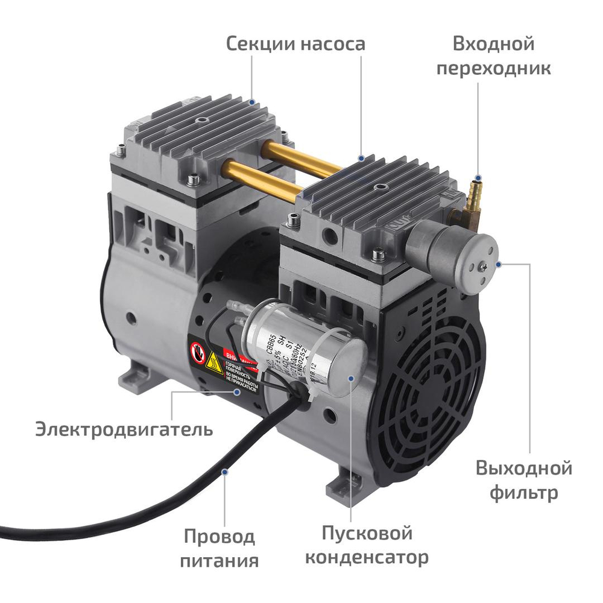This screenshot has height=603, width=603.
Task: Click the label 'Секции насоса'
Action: coord(295,44)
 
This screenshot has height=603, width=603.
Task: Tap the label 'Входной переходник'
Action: coord(493,55)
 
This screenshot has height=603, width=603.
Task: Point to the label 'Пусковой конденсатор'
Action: coord(367,545)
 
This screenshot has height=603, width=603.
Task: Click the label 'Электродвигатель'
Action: coord(124,430)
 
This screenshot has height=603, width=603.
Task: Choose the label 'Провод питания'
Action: coord(220,548)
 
